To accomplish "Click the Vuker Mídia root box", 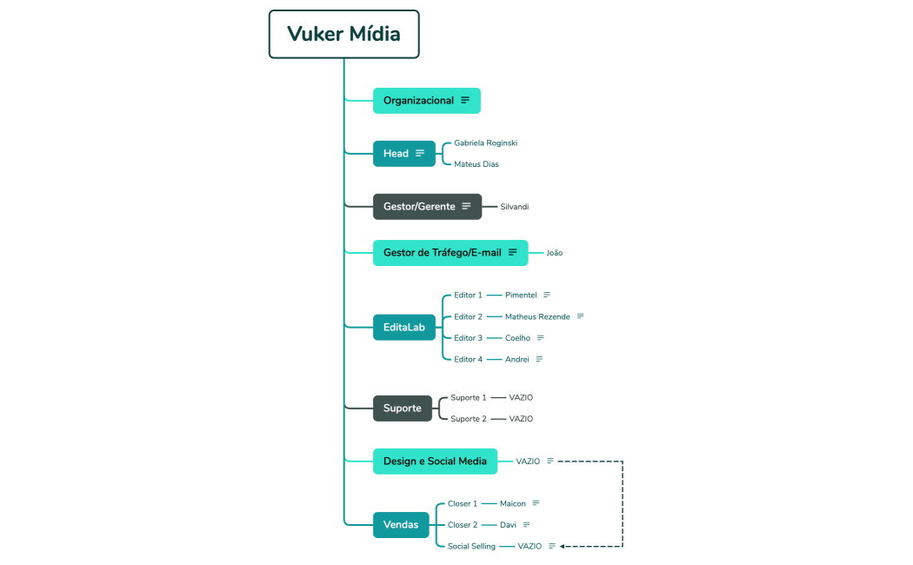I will (x=343, y=35).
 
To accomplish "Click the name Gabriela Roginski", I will (x=485, y=143).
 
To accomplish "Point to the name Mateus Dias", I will (x=476, y=164).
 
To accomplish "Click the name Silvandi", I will (x=514, y=207).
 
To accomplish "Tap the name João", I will (x=554, y=253).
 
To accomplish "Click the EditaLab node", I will (x=403, y=328).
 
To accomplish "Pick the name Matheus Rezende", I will (x=537, y=316).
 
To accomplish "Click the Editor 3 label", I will (x=468, y=338).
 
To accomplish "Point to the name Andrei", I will (x=516, y=359).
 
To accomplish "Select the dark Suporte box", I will (x=402, y=409).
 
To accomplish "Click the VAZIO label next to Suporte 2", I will (x=521, y=419).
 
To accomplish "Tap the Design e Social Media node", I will (x=435, y=462).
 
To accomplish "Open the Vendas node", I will (x=401, y=525).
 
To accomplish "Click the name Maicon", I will (x=512, y=503).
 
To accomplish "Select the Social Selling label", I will (x=471, y=547).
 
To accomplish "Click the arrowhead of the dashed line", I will (x=563, y=547).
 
